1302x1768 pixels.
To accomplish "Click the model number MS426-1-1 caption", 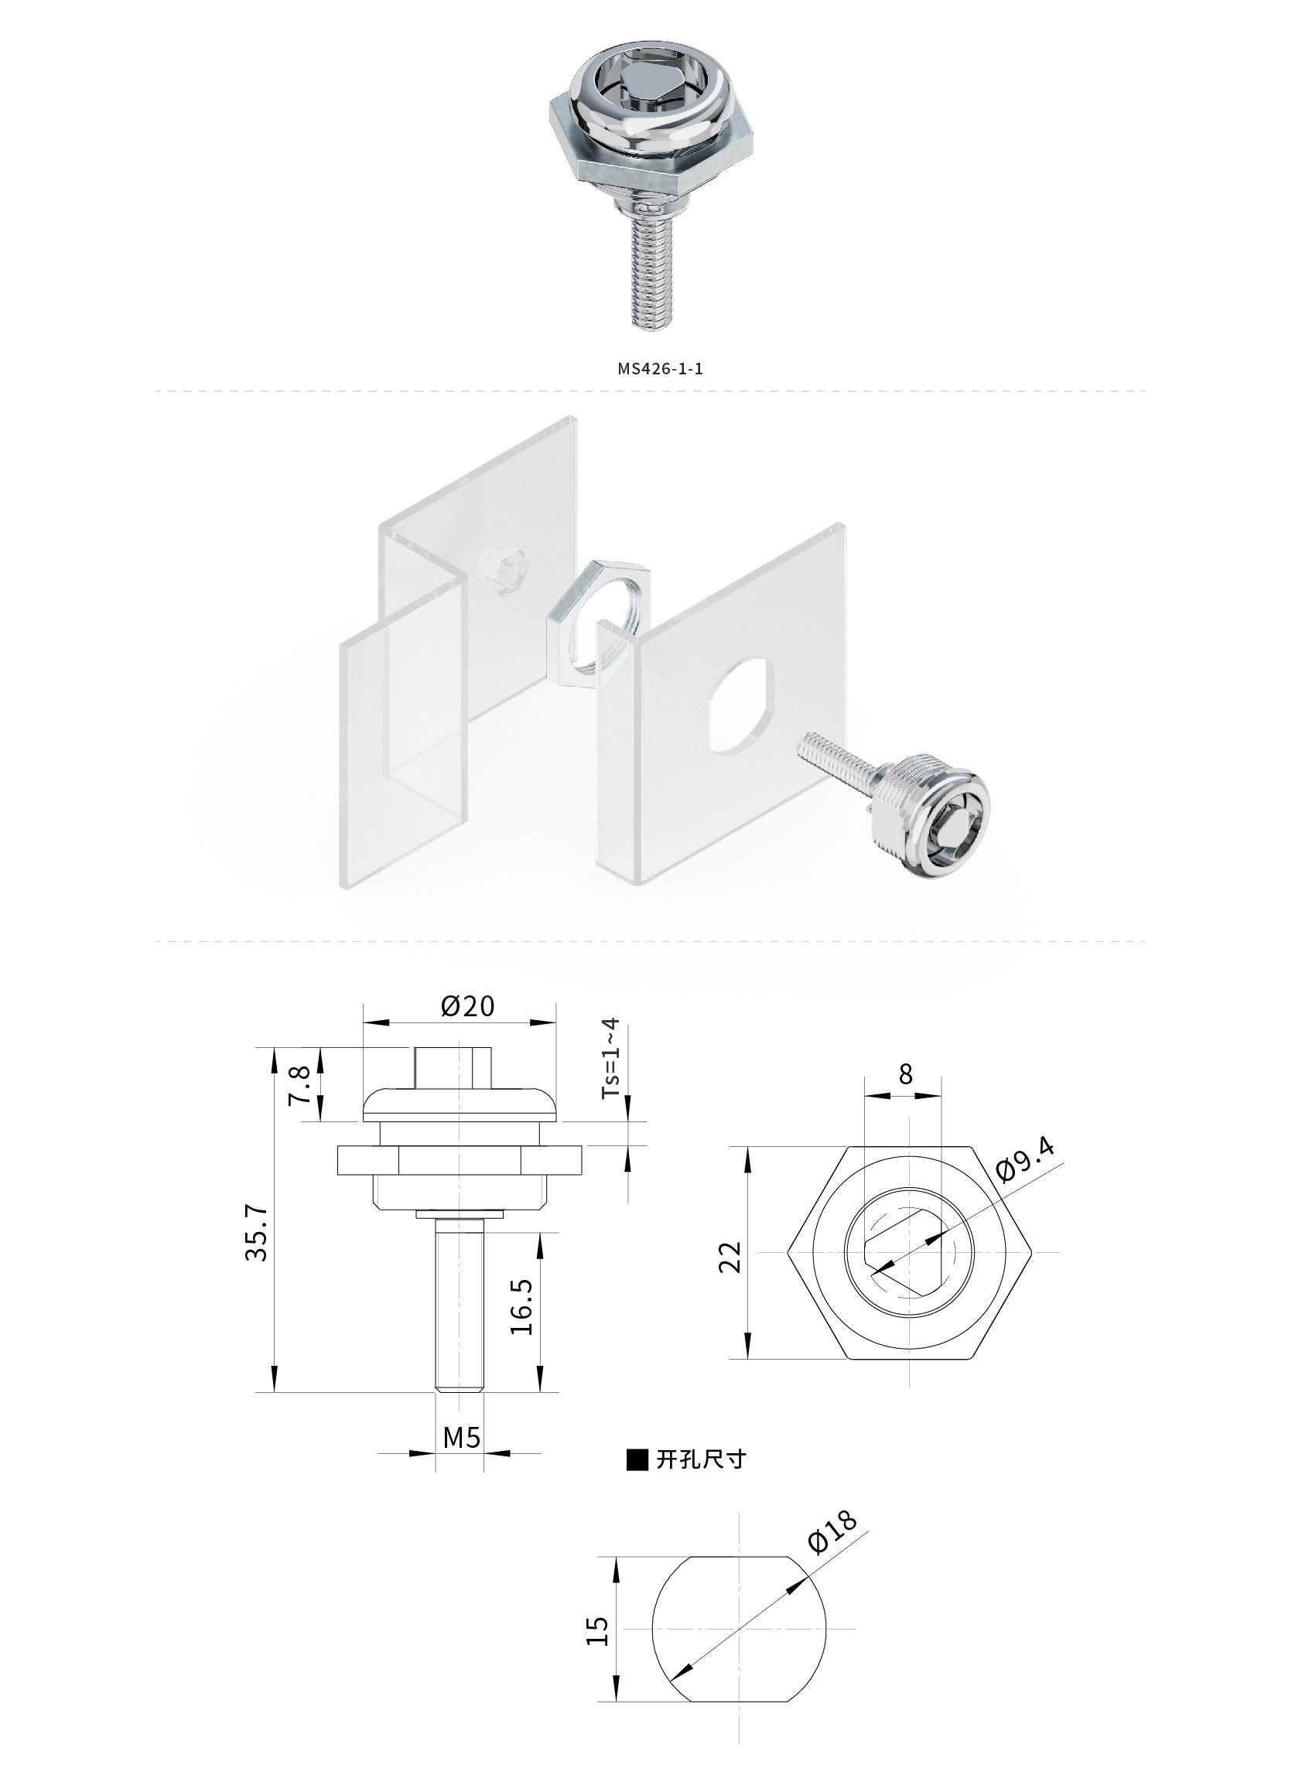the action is point(661,369).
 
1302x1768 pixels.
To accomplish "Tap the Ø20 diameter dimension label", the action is point(467,1006).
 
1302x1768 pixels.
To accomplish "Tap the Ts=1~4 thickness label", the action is point(611,1059).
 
